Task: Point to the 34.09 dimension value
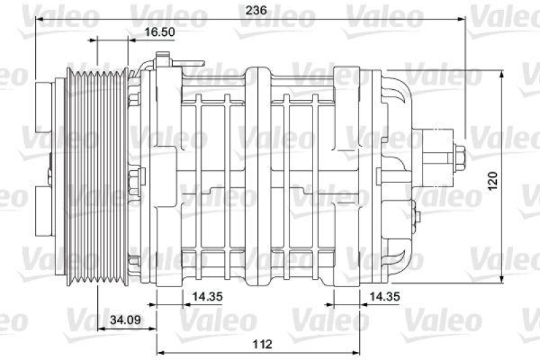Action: [126, 320]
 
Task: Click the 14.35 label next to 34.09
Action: [207, 297]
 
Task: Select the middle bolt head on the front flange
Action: [134, 182]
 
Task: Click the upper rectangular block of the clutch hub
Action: [45, 108]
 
